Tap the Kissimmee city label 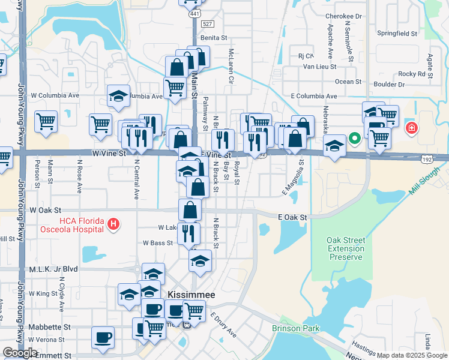[x=189, y=295]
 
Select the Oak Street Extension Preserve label [x=345, y=248]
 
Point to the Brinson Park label [x=295, y=328]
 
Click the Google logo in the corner [x=20, y=353]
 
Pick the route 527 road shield [x=208, y=23]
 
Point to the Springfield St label [x=396, y=34]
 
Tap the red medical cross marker [x=412, y=128]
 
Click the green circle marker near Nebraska [x=355, y=139]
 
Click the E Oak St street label [x=292, y=217]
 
